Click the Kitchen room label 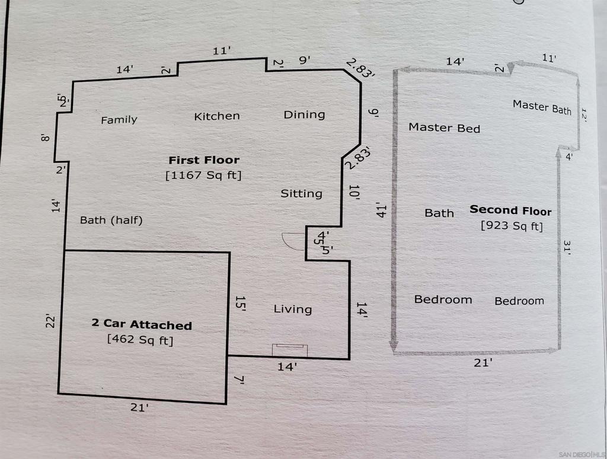(x=217, y=116)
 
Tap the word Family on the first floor (x=119, y=120)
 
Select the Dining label (x=304, y=115)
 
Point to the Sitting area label (x=301, y=194)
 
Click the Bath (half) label (x=111, y=221)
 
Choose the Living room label (x=293, y=309)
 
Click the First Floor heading (x=204, y=160)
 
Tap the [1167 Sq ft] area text (x=203, y=175)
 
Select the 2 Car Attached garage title (x=142, y=324)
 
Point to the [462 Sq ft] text (x=140, y=340)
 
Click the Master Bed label (x=445, y=128)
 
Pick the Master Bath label (x=542, y=107)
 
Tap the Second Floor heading (x=510, y=211)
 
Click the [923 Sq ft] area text (x=512, y=225)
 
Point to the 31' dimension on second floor (x=567, y=247)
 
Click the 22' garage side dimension (x=51, y=322)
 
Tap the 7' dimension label (x=240, y=380)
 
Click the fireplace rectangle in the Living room (x=289, y=350)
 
